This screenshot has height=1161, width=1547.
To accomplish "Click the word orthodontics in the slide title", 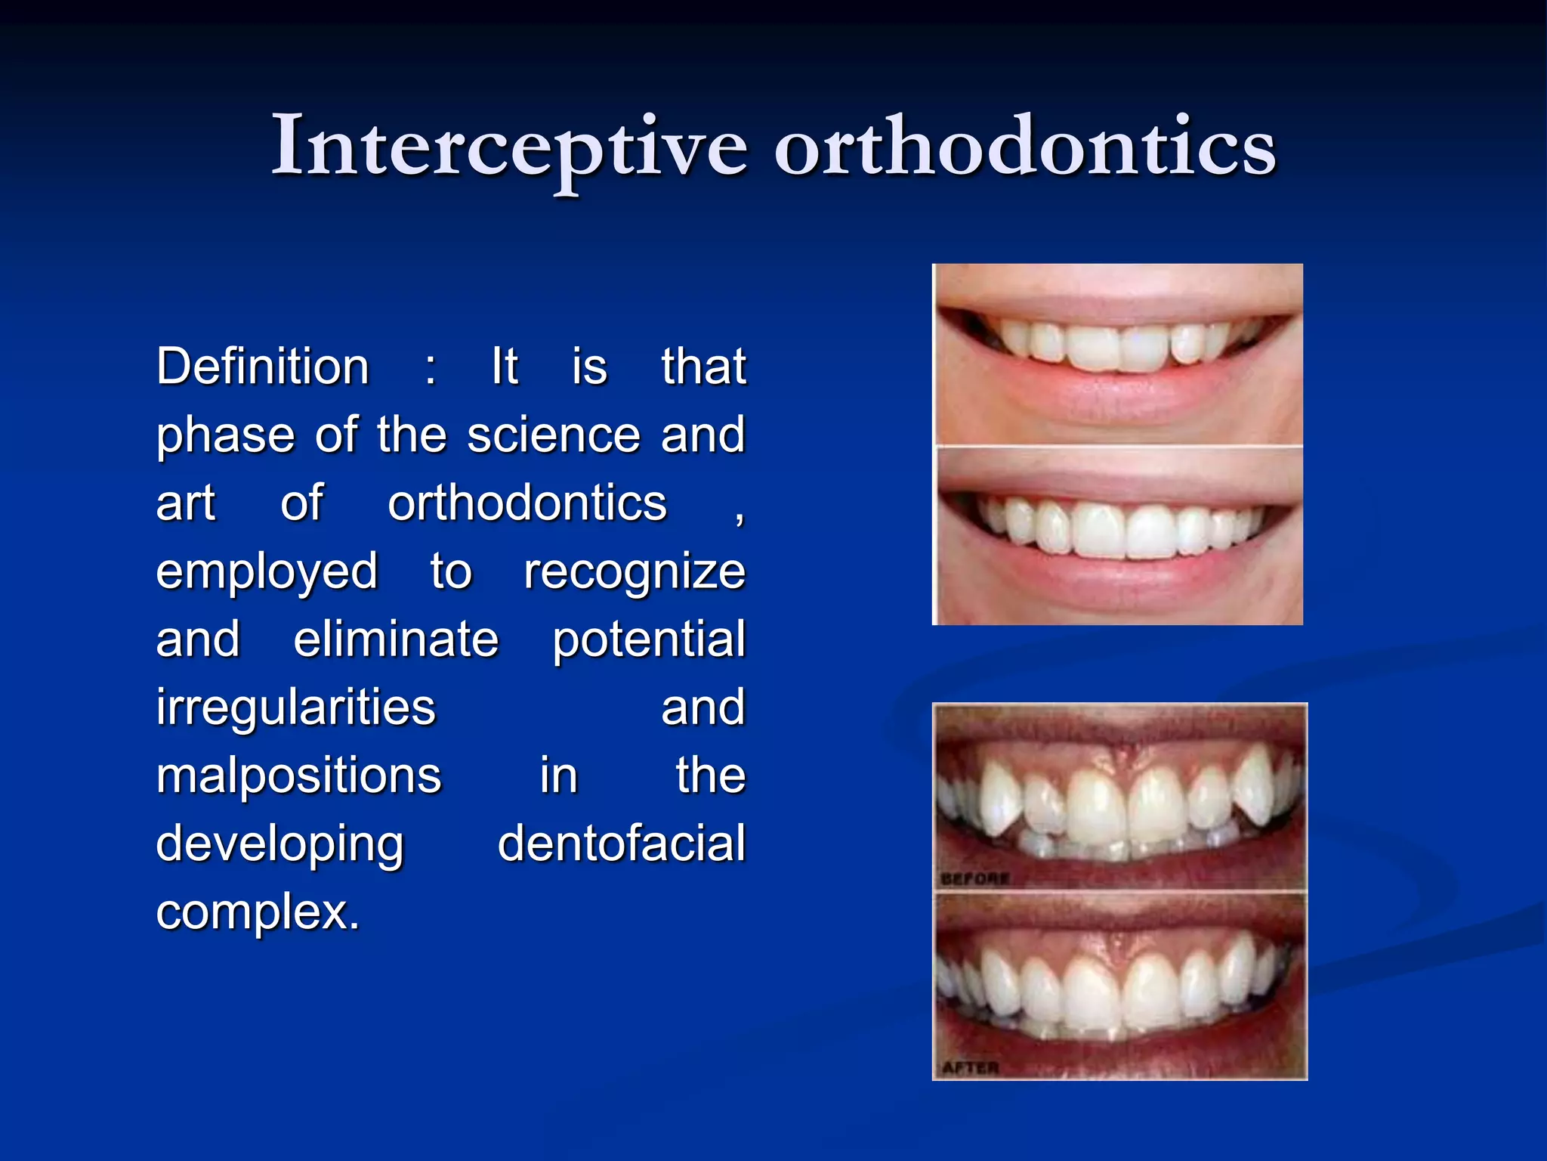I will [x=1025, y=146].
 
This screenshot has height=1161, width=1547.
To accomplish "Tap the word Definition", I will [x=263, y=367].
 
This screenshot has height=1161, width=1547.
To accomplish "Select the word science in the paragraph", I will [x=553, y=435].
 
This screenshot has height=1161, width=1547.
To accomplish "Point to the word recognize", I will [x=635, y=572].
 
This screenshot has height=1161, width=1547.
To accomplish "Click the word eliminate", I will [x=396, y=639].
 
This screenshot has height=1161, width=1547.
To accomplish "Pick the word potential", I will [x=648, y=641].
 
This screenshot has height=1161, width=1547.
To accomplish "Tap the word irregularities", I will [x=296, y=708].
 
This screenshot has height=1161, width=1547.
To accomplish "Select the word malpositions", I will [x=298, y=776].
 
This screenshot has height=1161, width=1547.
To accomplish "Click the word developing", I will [x=279, y=845].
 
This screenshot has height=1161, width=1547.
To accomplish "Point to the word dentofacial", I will [x=621, y=844].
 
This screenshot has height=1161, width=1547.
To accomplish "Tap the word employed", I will [x=267, y=572].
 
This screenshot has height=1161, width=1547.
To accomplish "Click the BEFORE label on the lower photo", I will [x=974, y=878].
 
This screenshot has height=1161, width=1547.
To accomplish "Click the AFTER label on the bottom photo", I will [x=970, y=1068].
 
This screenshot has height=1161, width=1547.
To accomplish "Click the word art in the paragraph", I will [x=186, y=504].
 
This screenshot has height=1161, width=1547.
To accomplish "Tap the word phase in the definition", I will [x=225, y=437].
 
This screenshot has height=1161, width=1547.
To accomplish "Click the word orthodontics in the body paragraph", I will [x=527, y=503].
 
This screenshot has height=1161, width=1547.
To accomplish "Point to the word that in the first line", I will [x=703, y=367].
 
